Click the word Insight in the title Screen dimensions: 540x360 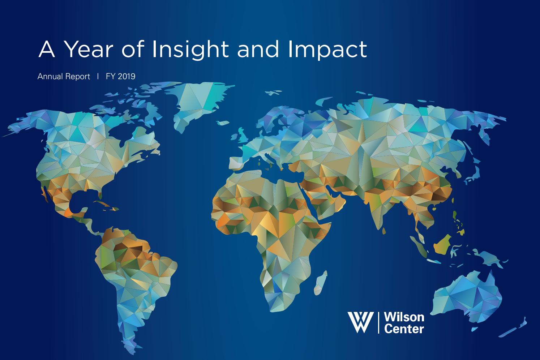coord(190,50)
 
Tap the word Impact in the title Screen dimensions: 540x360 coord(327,50)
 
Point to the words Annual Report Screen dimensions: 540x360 coord(64,77)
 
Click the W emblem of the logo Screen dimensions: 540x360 coord(361,322)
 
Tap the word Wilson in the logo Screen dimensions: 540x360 coord(404,317)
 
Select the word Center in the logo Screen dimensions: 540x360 coord(404,329)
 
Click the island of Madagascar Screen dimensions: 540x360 coord(321,283)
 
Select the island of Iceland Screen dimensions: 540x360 coord(223,123)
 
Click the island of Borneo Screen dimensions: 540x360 coord(443,245)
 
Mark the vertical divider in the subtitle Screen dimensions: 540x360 coord(98,76)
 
